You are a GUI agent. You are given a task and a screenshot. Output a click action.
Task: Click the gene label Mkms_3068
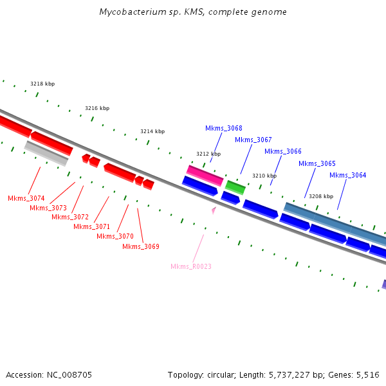pos(224,128)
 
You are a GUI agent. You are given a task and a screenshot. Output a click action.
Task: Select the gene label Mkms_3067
pos(253,140)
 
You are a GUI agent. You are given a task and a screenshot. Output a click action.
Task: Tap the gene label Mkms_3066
pos(282,151)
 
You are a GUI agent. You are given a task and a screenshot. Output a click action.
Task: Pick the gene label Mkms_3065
pos(317,163)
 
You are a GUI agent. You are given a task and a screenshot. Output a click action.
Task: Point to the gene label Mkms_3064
pos(347,175)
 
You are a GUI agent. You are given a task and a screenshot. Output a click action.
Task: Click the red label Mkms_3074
pos(26,198)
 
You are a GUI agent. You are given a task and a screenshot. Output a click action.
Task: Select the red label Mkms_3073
pos(48,208)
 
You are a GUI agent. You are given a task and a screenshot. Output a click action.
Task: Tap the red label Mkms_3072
pos(69,217)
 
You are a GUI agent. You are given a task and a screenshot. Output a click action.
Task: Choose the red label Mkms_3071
pos(91,226)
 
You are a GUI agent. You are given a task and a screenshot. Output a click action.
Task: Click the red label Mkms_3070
pos(115,236)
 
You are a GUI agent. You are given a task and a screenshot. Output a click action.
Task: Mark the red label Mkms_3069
pos(140,246)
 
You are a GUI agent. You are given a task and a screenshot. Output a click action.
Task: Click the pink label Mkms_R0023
pos(190,266)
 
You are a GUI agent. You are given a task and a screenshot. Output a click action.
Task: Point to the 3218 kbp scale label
pos(42,84)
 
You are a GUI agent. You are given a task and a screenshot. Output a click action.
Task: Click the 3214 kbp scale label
pos(152,131)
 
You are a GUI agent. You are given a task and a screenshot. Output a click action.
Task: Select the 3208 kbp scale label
pos(320,196)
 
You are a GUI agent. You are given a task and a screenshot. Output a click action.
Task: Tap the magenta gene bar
pos(205,174)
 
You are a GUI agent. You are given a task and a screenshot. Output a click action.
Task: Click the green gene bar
pos(235,187)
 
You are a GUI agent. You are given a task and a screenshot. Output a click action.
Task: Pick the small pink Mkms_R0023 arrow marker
pos(214,209)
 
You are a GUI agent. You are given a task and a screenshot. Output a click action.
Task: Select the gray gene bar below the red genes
pos(46,153)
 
